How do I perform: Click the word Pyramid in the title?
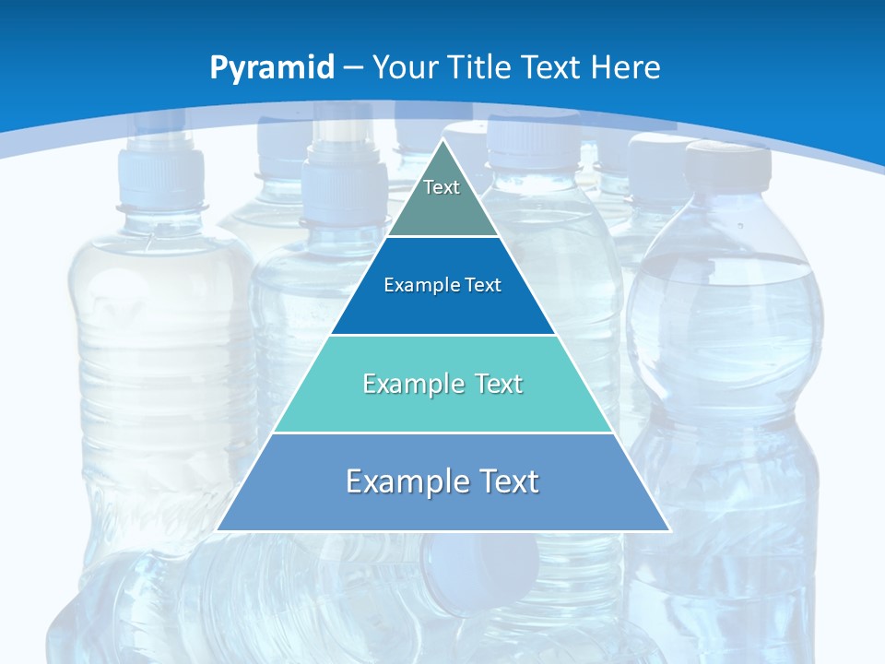point(272,68)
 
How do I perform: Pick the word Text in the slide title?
point(552,68)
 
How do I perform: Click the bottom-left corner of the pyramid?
point(218,530)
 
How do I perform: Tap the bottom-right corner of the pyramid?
point(669,530)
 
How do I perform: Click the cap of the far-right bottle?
point(727,164)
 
